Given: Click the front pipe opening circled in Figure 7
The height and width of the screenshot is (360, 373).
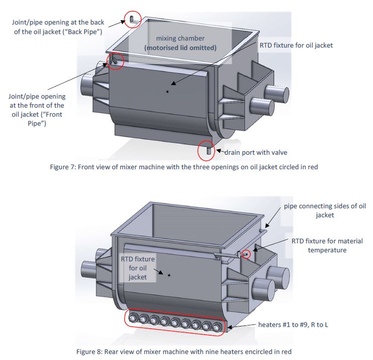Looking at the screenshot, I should [x=114, y=60].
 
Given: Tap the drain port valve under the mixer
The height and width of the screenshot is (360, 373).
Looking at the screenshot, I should [x=206, y=150].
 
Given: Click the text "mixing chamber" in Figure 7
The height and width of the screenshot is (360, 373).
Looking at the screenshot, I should [x=179, y=38].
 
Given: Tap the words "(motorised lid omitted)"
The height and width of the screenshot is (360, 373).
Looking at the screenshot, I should [x=180, y=48].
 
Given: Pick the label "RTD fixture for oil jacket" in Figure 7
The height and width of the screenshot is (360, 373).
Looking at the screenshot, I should [x=296, y=45].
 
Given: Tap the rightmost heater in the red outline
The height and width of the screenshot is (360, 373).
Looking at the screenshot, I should [x=217, y=328].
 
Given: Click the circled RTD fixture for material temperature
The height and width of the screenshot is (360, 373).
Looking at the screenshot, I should [x=245, y=254].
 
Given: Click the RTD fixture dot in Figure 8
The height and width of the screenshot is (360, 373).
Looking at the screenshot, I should [x=169, y=275].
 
